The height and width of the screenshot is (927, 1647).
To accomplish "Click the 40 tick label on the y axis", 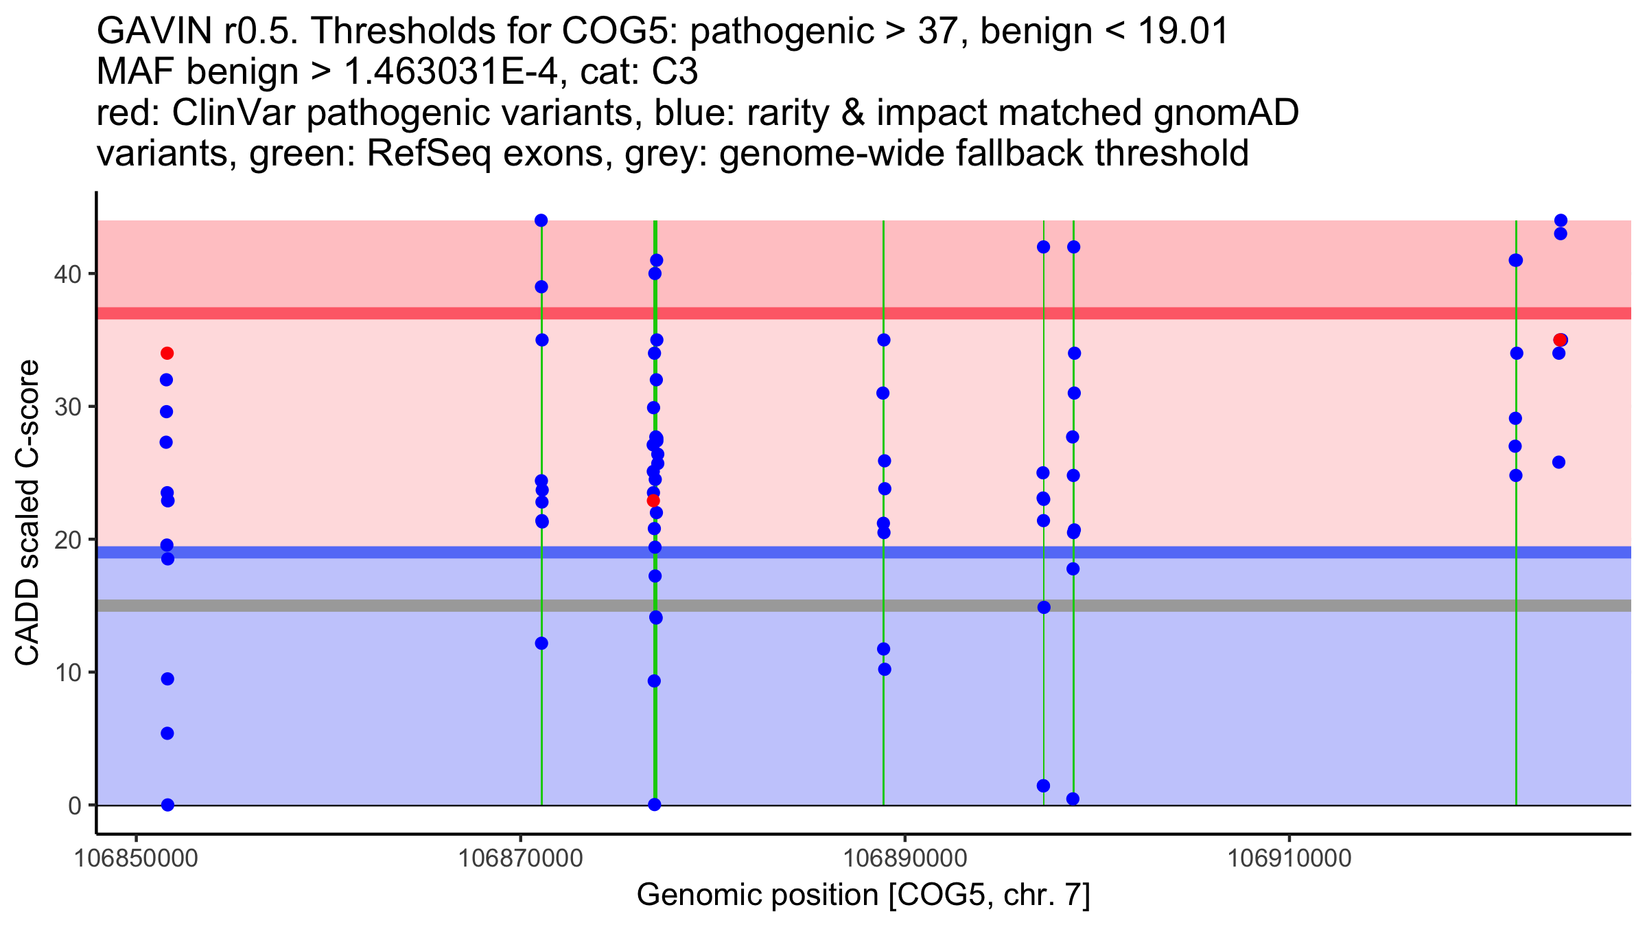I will click(x=67, y=274).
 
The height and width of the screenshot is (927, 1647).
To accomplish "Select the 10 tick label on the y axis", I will click(x=67, y=672).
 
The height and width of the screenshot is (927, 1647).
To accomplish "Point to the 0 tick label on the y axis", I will click(x=74, y=805).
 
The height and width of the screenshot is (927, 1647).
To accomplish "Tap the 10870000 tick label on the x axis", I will click(x=521, y=858).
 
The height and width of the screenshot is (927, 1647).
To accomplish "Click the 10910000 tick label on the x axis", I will click(x=1289, y=858).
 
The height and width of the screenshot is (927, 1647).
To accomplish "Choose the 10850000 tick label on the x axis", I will click(x=137, y=858).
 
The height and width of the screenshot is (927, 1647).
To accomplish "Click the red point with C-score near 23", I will click(x=653, y=501).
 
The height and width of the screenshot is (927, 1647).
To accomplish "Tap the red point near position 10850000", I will click(x=167, y=354).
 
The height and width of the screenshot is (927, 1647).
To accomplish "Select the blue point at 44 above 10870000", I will click(x=541, y=220).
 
